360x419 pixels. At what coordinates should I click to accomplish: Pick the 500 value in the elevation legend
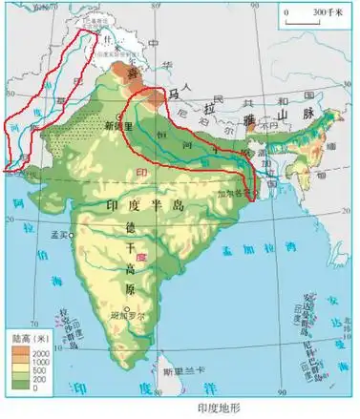point(43,370)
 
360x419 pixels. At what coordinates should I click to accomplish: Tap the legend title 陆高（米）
point(31,339)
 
